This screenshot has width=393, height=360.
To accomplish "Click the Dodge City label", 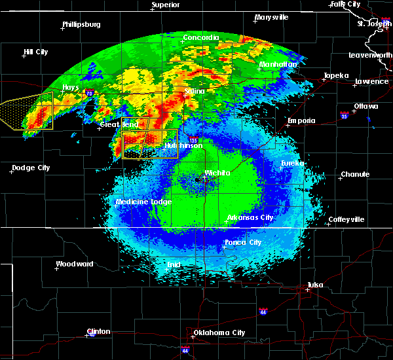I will [x=31, y=168].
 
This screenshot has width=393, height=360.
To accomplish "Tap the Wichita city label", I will [x=217, y=173].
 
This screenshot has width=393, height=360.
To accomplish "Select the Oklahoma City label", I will [x=219, y=333].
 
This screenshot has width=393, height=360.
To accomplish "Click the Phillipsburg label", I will [x=81, y=24].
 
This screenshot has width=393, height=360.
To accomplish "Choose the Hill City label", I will [x=36, y=52].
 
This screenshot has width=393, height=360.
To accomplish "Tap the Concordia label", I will [x=201, y=37].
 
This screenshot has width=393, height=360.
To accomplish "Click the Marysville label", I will [x=272, y=17].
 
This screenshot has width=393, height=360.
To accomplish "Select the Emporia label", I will [x=302, y=120].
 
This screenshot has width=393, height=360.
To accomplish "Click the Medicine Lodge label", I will [x=143, y=202].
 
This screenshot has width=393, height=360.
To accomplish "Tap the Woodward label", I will [x=75, y=264].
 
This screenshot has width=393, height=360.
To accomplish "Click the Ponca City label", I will [x=243, y=242].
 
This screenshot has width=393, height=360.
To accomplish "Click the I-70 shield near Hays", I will [x=89, y=94].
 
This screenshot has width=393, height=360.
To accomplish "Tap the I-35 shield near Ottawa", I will [x=344, y=116].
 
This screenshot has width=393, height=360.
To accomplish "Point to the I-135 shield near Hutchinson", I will [x=193, y=139].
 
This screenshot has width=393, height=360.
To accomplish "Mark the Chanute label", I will [x=355, y=174].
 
